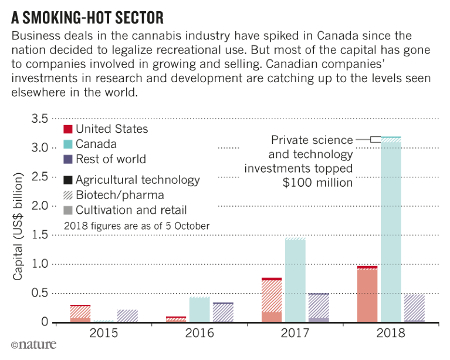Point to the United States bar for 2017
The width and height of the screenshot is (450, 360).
[272, 300]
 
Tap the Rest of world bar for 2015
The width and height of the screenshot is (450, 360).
[127, 315]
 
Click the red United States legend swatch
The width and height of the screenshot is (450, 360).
[67, 129]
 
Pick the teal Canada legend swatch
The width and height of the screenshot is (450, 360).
[67, 144]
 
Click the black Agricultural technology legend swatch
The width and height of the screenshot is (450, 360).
[67, 180]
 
